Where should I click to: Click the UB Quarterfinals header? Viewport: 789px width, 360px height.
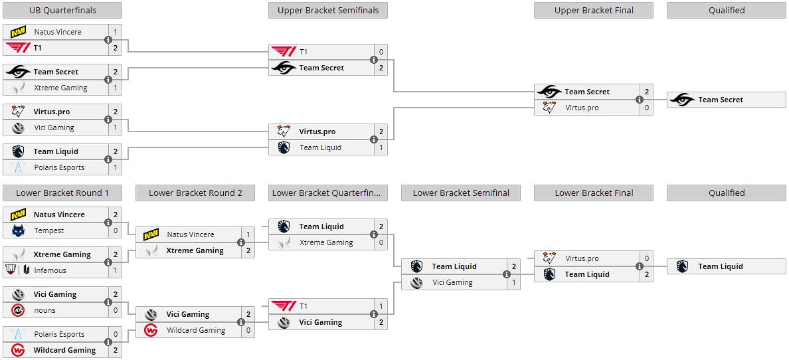(x=62, y=10)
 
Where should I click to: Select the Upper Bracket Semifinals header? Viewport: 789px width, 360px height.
(x=328, y=10)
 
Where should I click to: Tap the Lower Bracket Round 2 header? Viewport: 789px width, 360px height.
(x=195, y=193)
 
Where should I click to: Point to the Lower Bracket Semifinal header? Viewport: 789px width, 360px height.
(x=461, y=193)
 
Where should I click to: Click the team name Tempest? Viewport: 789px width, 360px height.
(x=49, y=230)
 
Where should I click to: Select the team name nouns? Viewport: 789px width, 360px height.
(x=45, y=310)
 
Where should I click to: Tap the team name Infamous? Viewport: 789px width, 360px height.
(x=50, y=270)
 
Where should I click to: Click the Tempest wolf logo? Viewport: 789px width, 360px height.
(x=18, y=230)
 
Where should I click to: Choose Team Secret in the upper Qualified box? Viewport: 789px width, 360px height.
(x=720, y=100)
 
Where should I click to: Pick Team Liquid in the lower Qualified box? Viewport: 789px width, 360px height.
(x=720, y=266)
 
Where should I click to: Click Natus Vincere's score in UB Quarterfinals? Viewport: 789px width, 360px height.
(x=115, y=32)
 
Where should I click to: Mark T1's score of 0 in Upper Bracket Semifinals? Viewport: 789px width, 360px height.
(x=381, y=52)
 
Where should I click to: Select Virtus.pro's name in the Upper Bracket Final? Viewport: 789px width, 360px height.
(x=582, y=108)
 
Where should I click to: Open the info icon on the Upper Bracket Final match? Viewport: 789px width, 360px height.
(x=640, y=100)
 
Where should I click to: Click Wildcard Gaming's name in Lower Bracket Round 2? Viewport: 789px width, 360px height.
(x=196, y=330)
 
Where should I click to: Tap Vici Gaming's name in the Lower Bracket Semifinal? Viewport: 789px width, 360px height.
(x=452, y=282)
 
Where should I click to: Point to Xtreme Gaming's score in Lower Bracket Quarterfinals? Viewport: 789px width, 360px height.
(x=381, y=242)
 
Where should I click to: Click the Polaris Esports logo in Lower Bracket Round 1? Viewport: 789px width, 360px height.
(x=18, y=334)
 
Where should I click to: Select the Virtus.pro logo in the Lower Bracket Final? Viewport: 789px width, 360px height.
(x=549, y=258)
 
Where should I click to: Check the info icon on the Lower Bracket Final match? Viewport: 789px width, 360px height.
(x=640, y=266)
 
